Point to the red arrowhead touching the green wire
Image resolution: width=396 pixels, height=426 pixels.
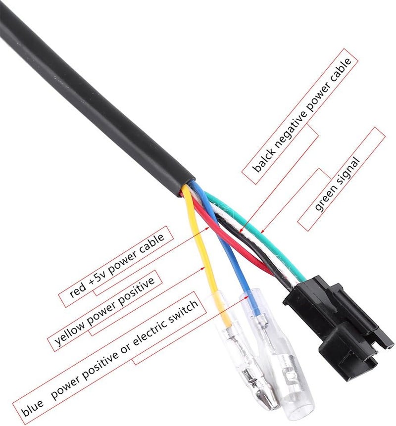point(262,232)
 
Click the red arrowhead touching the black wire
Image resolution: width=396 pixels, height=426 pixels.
point(240,231)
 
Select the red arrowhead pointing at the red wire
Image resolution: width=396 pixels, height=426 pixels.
point(208,227)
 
